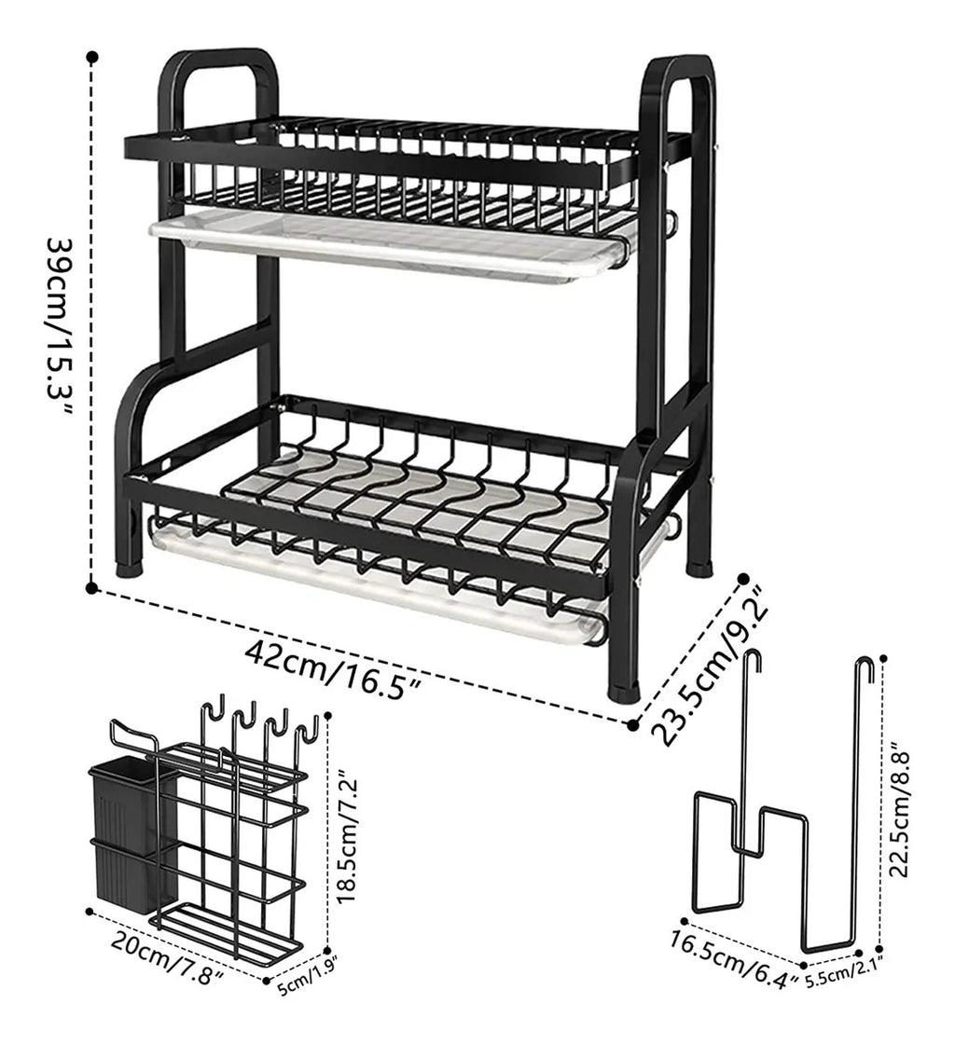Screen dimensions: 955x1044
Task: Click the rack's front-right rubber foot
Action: tap(626, 692)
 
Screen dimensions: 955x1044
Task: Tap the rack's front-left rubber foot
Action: tap(131, 567)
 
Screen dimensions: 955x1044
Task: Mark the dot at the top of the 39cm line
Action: tap(92, 57)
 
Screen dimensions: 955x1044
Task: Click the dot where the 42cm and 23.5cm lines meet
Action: tap(633, 724)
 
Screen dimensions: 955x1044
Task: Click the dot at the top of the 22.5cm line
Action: tap(884, 658)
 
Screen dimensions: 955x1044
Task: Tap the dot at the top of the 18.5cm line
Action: tap(327, 716)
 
